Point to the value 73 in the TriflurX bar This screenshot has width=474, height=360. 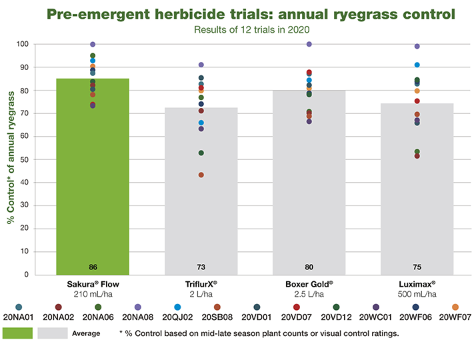[201, 267]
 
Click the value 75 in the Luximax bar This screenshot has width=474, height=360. [417, 267]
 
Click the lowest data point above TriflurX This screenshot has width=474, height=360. [201, 175]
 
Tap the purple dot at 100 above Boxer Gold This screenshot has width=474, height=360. [309, 44]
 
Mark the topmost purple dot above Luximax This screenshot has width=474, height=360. [417, 47]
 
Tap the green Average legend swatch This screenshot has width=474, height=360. [17, 333]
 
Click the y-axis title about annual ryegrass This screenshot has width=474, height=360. [11, 159]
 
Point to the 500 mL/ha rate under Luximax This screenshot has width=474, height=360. [417, 294]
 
